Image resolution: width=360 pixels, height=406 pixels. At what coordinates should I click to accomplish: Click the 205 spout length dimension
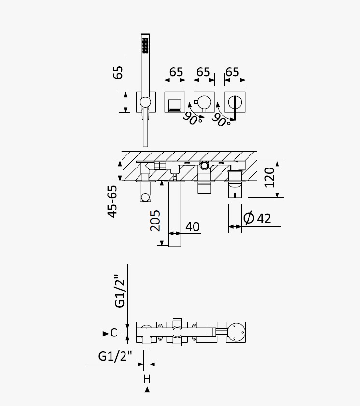[155, 221]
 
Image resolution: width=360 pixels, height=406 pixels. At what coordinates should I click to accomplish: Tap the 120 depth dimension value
[269, 177]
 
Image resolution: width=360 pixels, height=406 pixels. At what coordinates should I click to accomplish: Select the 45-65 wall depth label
[112, 201]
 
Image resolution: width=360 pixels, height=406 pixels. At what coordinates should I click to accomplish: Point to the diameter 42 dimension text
[257, 218]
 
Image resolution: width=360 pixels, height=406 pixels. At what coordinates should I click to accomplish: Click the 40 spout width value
[193, 227]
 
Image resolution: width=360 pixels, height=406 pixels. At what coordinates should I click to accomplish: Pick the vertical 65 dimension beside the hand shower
[118, 72]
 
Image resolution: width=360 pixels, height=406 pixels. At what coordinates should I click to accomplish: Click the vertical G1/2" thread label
[120, 291]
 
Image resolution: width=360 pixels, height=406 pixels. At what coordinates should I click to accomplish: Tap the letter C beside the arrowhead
[114, 333]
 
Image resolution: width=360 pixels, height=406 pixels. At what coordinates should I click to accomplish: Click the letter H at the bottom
[147, 379]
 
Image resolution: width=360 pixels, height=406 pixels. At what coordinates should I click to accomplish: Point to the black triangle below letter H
[147, 390]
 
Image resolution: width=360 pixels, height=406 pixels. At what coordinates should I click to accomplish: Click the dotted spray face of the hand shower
[145, 45]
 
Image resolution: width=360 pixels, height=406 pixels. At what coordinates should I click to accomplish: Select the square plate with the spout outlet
[175, 102]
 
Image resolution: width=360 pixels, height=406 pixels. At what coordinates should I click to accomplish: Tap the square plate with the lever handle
[235, 102]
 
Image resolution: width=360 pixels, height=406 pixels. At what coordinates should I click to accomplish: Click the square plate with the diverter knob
[204, 102]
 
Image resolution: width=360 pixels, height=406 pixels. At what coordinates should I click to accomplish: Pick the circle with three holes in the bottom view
[235, 332]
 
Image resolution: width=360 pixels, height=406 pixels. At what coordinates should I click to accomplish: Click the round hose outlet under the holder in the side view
[145, 198]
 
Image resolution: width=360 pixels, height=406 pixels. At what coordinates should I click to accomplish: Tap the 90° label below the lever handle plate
[221, 120]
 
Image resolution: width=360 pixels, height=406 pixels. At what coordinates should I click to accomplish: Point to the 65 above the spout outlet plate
[176, 72]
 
